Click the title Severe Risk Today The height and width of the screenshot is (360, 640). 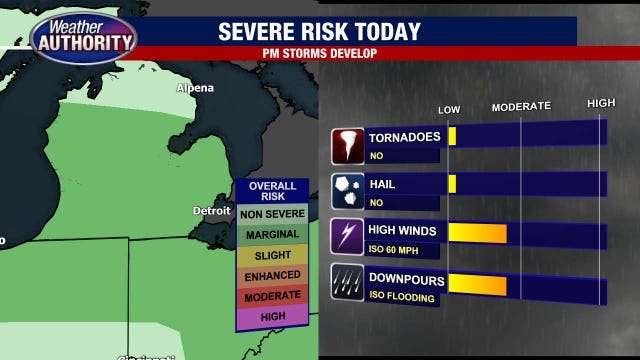[320, 31]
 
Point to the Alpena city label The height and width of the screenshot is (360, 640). [195, 88]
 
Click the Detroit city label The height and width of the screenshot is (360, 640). [212, 211]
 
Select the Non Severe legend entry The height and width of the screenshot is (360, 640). [272, 212]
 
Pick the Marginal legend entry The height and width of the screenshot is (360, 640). [272, 234]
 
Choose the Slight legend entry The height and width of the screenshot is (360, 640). [272, 255]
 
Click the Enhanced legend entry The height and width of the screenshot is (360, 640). [272, 276]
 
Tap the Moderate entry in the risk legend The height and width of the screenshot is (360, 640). [272, 297]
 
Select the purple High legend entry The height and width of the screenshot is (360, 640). [272, 317]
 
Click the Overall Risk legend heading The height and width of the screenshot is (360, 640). [272, 191]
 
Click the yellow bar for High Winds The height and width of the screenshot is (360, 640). [476, 234]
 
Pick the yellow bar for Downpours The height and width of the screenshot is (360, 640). [476, 283]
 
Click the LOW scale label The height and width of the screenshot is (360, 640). [449, 107]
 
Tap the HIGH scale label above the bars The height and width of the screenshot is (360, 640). [600, 104]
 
